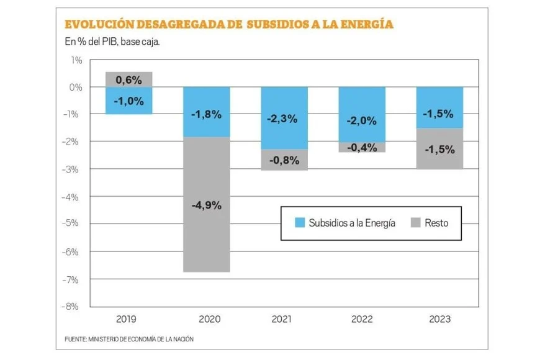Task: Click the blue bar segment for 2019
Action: [128, 101]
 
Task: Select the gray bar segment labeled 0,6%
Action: [128, 79]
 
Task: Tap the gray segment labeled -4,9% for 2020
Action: [206, 204]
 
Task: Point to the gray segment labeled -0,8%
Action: [284, 160]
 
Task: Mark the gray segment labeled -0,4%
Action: [362, 147]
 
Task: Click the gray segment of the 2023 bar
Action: [439, 148]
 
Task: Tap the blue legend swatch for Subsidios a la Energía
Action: [299, 223]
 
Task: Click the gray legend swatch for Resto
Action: [415, 223]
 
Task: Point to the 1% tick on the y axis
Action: [76, 60]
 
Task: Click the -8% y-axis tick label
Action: [74, 307]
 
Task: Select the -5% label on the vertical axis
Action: [74, 224]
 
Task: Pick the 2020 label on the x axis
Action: [206, 320]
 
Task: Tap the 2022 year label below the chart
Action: [362, 320]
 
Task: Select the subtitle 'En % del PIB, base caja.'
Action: [109, 42]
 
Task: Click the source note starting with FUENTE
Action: [133, 340]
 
